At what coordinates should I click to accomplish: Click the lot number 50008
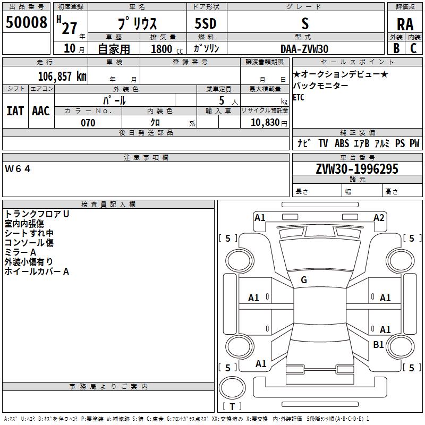pos(26,23)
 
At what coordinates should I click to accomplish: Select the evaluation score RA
pos(405,24)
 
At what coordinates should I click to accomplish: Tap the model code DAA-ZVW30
pos(304,48)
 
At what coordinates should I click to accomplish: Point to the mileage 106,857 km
pos(63,76)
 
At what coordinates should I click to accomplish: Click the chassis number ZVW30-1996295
pos(357,169)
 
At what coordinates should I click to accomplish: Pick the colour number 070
pos(88,123)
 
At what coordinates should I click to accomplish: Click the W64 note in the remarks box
pos(18,169)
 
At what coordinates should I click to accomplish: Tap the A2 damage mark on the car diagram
pos(379,217)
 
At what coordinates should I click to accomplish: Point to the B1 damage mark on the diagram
pos(378,344)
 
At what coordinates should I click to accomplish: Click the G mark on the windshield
pos(304,280)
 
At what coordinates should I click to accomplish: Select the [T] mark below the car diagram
pos(232,407)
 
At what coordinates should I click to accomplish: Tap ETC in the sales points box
pos(299,98)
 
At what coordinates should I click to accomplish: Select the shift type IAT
pos(15,110)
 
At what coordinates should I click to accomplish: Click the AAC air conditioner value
pos(40,110)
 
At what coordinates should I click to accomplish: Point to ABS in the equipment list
pos(342,143)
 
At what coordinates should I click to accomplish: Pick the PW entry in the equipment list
pos(414,143)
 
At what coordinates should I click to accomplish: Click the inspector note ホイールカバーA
pos(37,271)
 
